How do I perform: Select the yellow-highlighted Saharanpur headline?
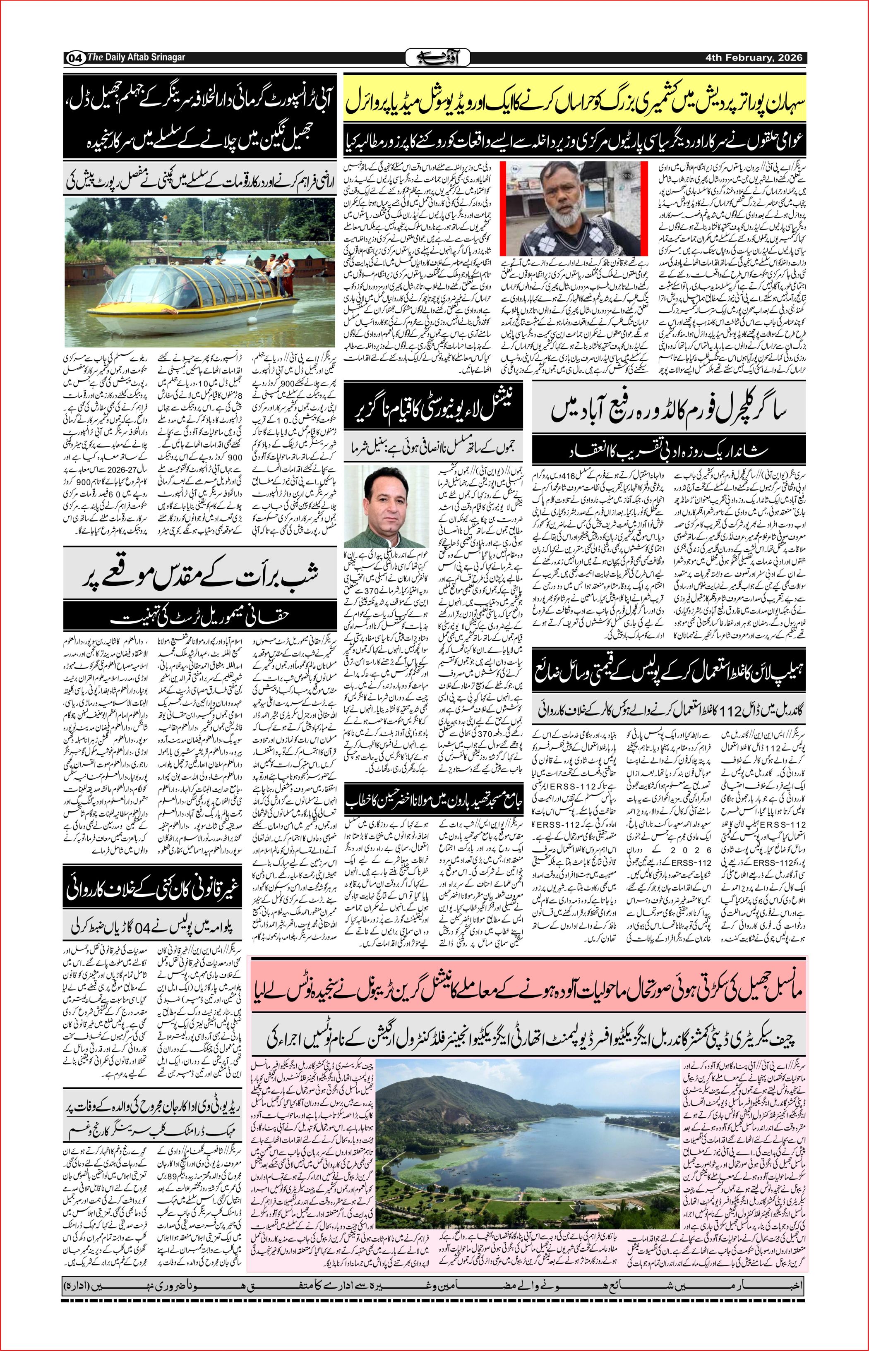click(576, 105)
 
